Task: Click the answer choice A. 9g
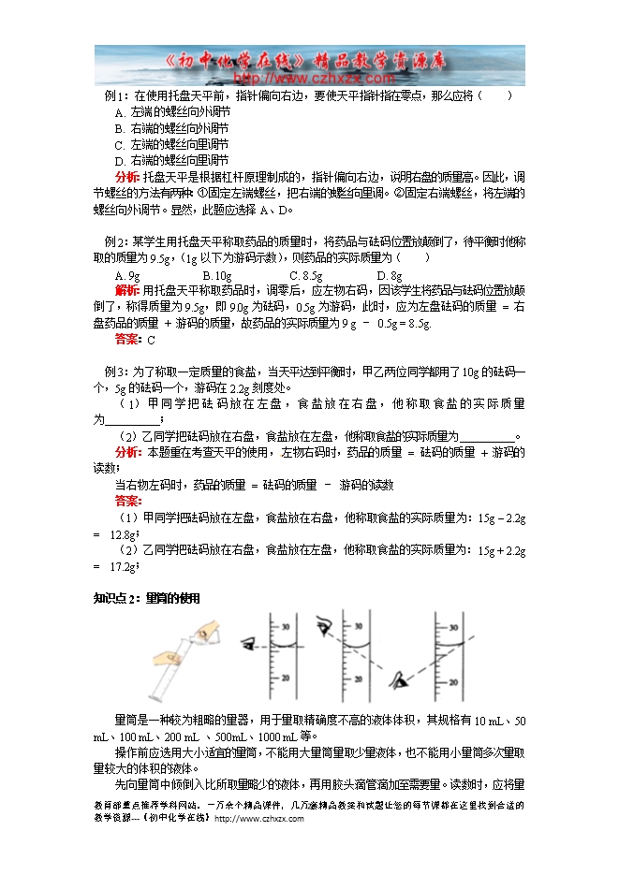point(128,275)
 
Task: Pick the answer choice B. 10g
point(217,275)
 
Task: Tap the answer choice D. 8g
point(390,275)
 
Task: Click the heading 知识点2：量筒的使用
point(148,598)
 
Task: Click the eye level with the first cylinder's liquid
point(250,643)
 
